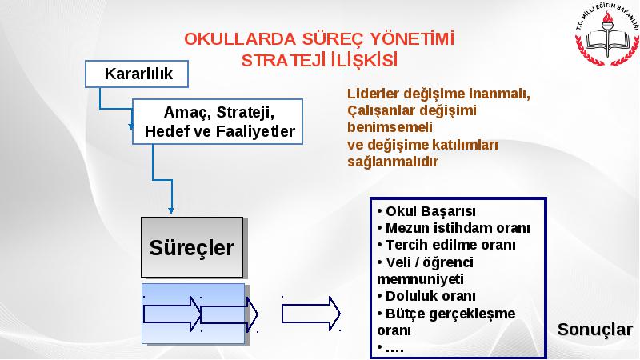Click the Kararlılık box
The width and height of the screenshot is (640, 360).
click(x=137, y=74)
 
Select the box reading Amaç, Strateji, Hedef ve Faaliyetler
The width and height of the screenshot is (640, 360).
click(x=218, y=122)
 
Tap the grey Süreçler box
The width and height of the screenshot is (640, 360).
click(x=192, y=247)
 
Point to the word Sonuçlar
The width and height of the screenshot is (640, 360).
click(x=594, y=330)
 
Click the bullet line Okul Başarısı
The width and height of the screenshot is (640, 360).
click(x=426, y=211)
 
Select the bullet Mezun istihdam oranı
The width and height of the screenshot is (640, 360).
click(x=454, y=228)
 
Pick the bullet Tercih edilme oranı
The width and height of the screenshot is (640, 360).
click(x=446, y=245)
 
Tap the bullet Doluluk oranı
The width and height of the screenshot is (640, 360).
click(x=426, y=296)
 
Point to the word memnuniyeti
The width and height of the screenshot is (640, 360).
click(x=420, y=279)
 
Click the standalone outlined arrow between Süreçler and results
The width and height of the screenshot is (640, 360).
click(x=311, y=314)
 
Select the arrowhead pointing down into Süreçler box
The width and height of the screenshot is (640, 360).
click(x=171, y=210)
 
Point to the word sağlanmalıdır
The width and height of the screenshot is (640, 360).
click(x=393, y=162)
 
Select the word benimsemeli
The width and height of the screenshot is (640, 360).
click(x=390, y=127)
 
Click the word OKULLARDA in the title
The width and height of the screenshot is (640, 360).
click(x=240, y=39)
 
